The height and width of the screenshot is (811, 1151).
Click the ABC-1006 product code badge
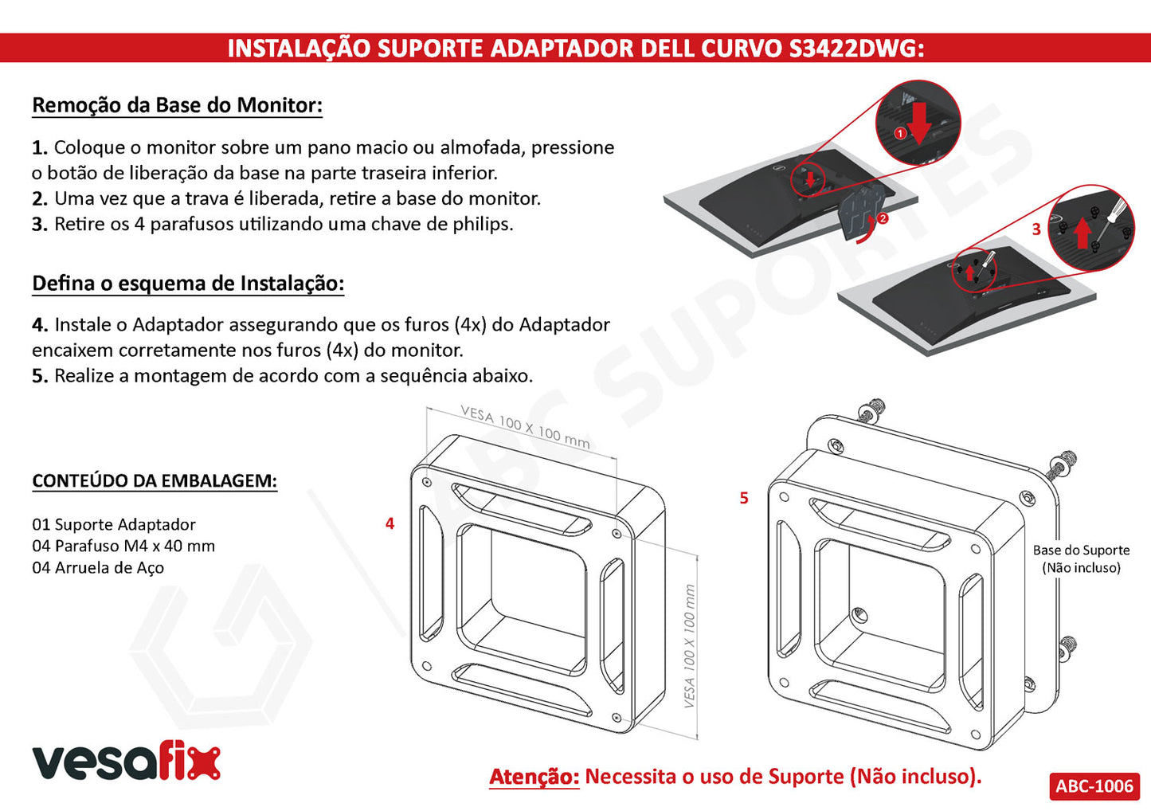pos(1094,786)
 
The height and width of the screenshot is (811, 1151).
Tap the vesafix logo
pos(127,761)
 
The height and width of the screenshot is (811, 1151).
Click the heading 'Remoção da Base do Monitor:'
pos(178,105)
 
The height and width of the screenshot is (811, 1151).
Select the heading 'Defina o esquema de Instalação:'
pos(188,283)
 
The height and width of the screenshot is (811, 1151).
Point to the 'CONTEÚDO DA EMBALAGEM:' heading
pos(155,480)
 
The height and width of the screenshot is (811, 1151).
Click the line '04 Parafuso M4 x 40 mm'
pos(123,546)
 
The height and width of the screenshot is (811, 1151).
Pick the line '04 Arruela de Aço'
pos(98,567)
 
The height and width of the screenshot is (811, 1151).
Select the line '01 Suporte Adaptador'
pos(114,524)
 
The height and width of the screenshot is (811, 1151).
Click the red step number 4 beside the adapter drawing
pos(390,523)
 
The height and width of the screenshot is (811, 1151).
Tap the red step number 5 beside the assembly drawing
pos(743,497)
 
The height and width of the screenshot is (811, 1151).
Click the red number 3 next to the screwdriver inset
pos(1036,229)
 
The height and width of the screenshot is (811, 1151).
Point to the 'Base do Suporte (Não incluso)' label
pos(1081,558)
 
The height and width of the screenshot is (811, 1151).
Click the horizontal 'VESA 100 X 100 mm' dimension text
pos(525,428)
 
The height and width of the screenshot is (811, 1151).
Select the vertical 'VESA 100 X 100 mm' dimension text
pos(690,645)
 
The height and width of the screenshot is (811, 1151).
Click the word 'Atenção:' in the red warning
pos(534,777)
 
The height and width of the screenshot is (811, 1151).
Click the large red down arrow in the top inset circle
pos(918,123)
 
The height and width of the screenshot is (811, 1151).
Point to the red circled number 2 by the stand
pos(883,218)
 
